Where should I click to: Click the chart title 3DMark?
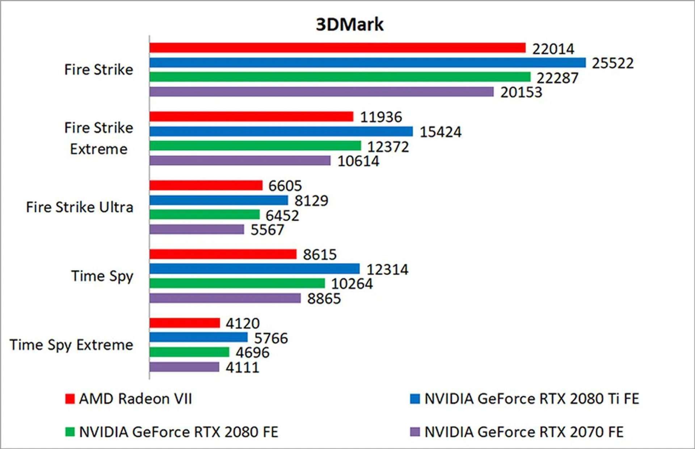349,25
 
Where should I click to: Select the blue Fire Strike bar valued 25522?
367,63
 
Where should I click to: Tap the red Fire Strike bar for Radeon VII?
337,48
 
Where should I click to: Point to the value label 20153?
521,92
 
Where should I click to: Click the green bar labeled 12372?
255,146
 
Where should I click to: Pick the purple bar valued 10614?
240,160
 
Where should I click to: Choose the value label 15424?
441,132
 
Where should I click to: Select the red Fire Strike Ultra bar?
206,185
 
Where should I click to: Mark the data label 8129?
311,201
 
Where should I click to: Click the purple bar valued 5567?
197,229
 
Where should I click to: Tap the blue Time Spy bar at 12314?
254,269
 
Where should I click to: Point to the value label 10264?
352,284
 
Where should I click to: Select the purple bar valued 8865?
225,298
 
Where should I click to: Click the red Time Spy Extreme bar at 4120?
185,323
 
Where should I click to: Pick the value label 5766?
271,338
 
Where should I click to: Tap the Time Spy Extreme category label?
71,345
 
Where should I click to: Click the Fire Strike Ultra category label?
80,207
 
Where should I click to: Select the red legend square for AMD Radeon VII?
70,399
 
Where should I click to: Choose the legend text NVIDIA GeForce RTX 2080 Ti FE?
532,399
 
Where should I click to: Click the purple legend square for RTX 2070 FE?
415,432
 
